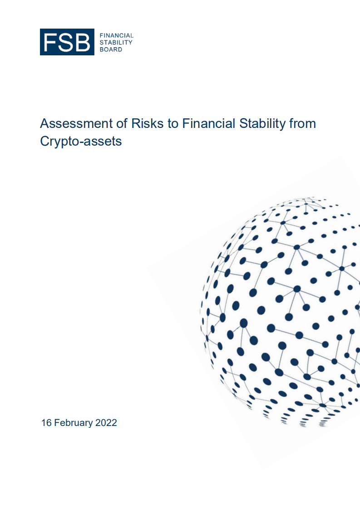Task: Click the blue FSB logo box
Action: pyautogui.click(x=67, y=42)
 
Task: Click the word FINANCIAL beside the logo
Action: pyautogui.click(x=116, y=35)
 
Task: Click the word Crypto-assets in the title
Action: pyautogui.click(x=81, y=141)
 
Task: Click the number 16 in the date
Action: pyautogui.click(x=46, y=423)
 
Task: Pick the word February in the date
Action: pyautogui.click(x=74, y=423)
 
